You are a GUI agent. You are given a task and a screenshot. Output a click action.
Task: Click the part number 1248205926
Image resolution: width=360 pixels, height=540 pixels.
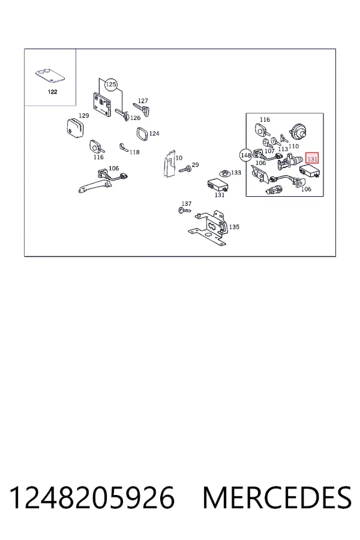[92, 497]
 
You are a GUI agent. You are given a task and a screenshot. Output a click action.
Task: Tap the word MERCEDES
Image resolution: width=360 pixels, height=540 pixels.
[277, 497]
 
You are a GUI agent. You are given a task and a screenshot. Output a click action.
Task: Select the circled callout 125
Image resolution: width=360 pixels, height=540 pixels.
[111, 85]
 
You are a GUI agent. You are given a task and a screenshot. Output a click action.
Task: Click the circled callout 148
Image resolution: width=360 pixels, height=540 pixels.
[246, 155]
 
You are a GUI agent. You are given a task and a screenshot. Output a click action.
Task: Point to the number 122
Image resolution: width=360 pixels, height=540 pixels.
[52, 92]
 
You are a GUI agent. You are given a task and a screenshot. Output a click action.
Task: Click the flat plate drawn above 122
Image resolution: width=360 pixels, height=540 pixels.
[50, 76]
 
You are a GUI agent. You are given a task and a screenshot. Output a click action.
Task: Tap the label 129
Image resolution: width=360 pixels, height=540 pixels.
[84, 116]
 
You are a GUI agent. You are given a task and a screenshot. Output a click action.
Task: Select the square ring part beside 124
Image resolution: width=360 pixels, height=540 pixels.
[142, 134]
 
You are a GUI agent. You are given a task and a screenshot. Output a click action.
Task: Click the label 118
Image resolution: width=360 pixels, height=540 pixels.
[134, 152]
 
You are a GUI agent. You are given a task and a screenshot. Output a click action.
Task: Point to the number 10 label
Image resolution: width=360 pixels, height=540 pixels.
[179, 158]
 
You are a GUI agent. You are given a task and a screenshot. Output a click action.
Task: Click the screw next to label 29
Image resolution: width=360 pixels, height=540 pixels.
[185, 169]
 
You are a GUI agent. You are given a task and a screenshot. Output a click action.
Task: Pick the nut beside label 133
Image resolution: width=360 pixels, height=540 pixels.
[224, 173]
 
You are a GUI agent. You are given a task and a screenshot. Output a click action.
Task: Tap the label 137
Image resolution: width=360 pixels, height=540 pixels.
[187, 204]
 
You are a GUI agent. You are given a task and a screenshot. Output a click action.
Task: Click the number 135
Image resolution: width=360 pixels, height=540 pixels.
[234, 227]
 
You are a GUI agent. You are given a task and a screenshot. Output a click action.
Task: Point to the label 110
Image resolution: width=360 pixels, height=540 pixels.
[293, 146]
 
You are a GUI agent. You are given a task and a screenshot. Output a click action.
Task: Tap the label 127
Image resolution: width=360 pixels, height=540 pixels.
[143, 101]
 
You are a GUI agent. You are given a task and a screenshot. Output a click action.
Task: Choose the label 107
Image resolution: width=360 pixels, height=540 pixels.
[269, 151]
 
